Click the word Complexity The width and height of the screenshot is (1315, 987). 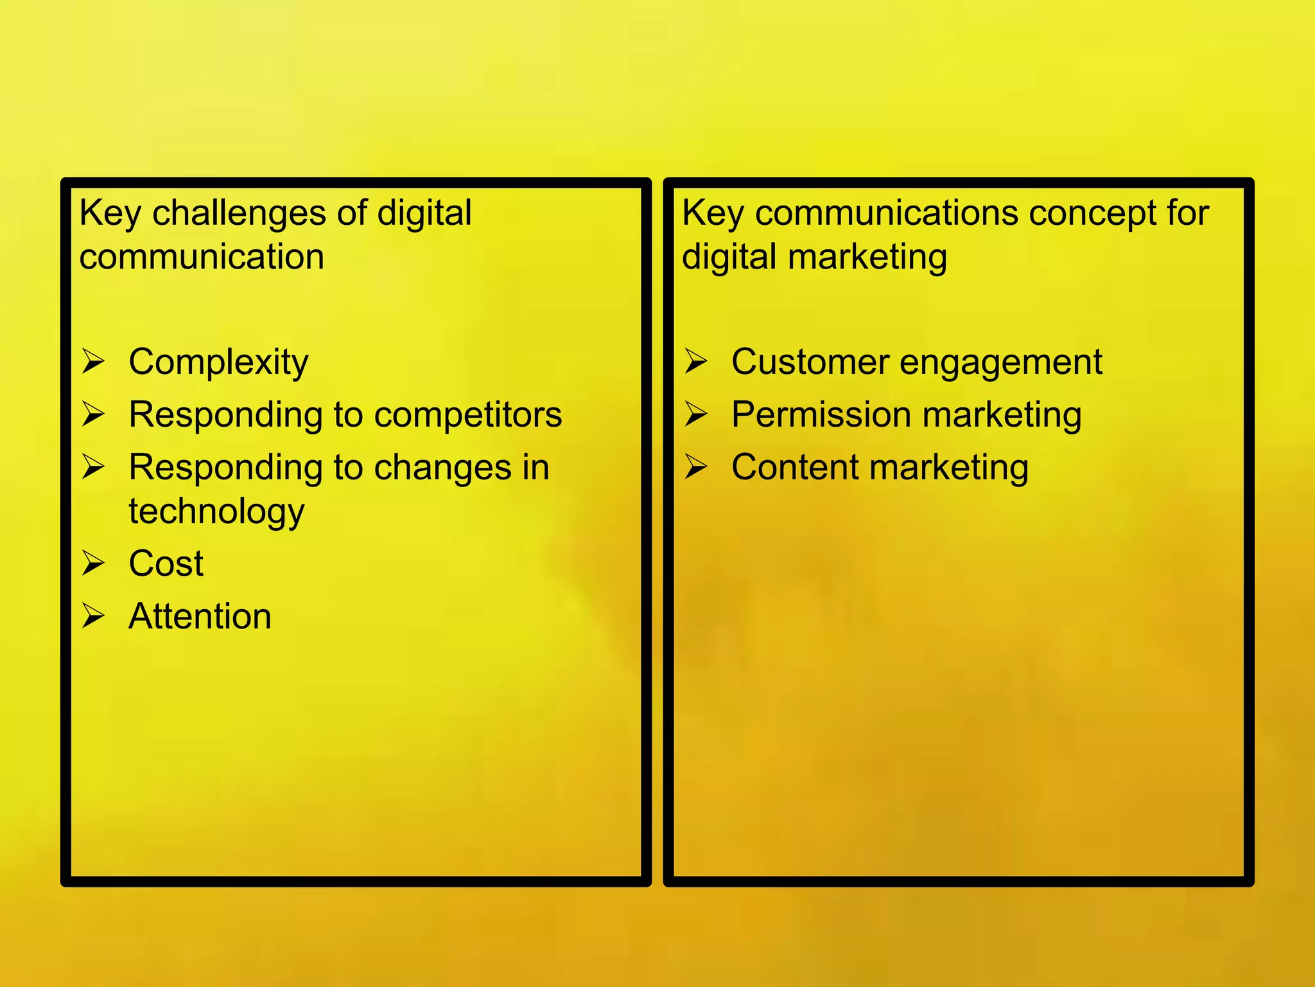pyautogui.click(x=218, y=362)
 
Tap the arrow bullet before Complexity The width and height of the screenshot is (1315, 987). pyautogui.click(x=93, y=361)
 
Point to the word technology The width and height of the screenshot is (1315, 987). pyautogui.click(x=216, y=511)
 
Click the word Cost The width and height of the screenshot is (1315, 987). pyautogui.click(x=166, y=564)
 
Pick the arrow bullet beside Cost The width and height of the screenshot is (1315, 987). pyautogui.click(x=93, y=564)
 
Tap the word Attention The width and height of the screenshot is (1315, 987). pyautogui.click(x=200, y=616)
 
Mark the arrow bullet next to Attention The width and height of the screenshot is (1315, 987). pyautogui.click(x=93, y=616)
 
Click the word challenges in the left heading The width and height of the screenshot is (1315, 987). pyautogui.click(x=240, y=213)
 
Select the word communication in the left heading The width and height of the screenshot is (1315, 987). pyautogui.click(x=202, y=257)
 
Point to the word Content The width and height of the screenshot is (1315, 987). pyautogui.click(x=795, y=467)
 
